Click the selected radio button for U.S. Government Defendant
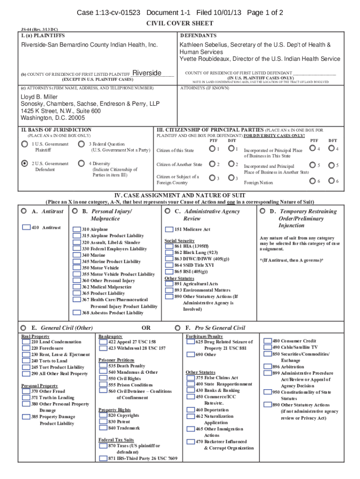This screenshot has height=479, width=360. click(24, 164)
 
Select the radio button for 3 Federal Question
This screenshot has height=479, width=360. click(81, 144)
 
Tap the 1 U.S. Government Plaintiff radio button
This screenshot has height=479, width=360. click(24, 144)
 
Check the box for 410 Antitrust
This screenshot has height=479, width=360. click(27, 227)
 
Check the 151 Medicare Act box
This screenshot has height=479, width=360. click(170, 229)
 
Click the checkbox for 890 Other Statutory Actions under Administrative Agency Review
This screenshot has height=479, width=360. click(170, 296)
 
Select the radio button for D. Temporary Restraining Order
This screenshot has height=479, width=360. click(262, 211)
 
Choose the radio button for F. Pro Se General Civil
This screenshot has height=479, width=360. click(178, 328)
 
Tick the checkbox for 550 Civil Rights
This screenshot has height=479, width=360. click(103, 378)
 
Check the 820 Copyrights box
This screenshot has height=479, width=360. click(103, 415)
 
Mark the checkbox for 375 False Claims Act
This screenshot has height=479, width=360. click(191, 377)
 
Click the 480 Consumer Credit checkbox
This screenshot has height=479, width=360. click(267, 341)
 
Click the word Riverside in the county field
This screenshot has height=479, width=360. click(147, 73)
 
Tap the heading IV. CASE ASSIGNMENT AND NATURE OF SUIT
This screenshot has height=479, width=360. click(180, 195)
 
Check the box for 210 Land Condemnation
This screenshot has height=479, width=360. click(27, 342)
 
